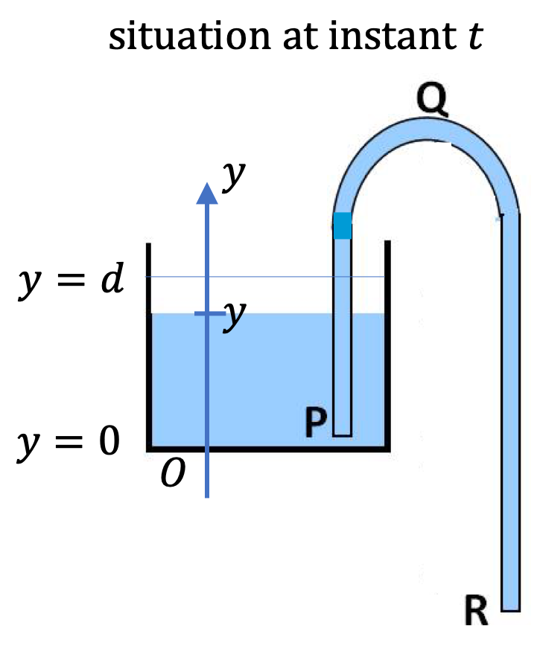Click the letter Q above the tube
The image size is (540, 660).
pos(432,100)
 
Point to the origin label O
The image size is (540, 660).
pos(173,472)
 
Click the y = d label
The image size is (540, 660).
pos(71,280)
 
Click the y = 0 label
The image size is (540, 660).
pos(69,443)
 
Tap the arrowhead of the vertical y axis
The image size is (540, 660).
pos(207,193)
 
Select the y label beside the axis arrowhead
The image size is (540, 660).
pos(234,176)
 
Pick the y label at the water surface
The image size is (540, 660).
pos(235,315)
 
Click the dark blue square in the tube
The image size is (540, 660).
pos(342,225)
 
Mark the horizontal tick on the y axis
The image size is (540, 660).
pos(210,313)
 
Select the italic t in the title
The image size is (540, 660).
pos(474,36)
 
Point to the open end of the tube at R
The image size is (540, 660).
pos(510,610)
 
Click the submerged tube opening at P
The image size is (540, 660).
pos(342,435)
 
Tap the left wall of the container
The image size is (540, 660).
pos(149,346)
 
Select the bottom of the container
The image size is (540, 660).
pos(268,449)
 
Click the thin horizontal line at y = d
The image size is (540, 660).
pos(265,277)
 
